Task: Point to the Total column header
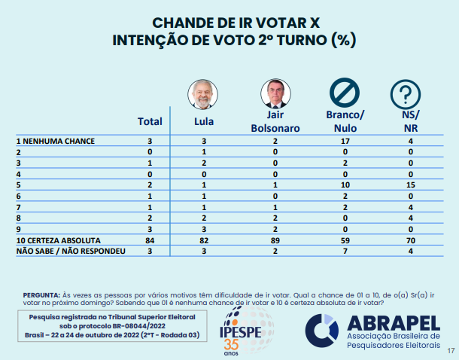(150, 121)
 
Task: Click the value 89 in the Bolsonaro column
(275, 239)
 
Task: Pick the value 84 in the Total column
(150, 239)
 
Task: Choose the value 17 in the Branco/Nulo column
(345, 141)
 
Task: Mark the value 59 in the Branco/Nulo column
(345, 239)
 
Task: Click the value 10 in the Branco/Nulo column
(345, 185)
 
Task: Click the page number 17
(451, 351)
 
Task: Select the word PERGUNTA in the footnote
(43, 294)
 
